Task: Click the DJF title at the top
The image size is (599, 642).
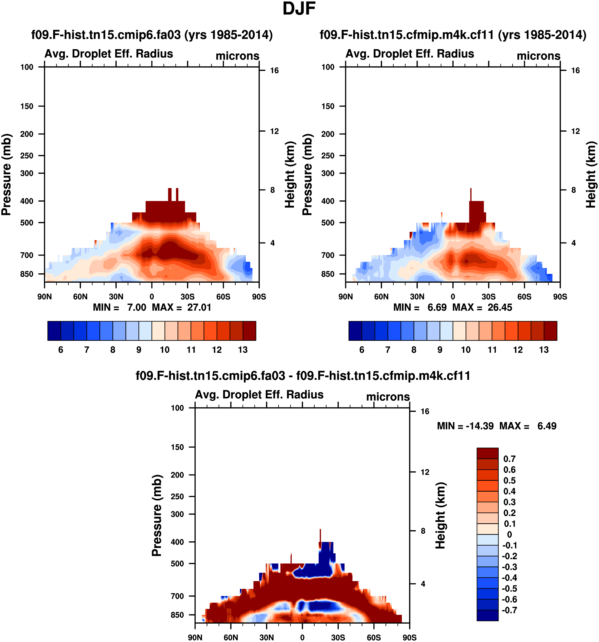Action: click(299, 9)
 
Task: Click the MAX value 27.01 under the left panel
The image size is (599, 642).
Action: click(199, 307)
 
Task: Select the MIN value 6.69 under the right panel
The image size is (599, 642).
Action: click(437, 307)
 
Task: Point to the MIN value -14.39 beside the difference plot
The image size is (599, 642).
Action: click(479, 426)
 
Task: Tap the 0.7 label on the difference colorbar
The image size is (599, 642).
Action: click(509, 459)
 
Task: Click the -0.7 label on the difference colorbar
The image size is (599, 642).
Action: click(509, 610)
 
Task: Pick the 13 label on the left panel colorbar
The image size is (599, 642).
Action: click(243, 350)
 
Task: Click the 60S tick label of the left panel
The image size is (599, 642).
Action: click(223, 297)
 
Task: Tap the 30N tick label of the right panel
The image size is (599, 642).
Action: click(417, 297)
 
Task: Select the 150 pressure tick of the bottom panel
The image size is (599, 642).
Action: click(177, 447)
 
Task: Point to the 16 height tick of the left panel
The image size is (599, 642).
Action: click(274, 70)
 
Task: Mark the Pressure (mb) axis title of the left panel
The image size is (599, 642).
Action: click(6, 175)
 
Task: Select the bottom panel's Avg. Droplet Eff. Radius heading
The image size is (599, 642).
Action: click(259, 395)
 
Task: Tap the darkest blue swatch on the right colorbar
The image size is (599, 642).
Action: click(355, 331)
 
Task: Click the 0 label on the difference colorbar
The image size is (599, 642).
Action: click(509, 534)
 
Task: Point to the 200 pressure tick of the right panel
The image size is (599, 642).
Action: click(328, 134)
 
